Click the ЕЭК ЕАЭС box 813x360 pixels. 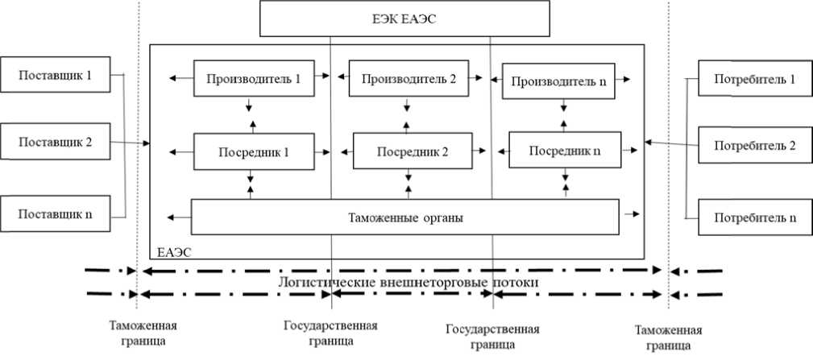pos(404,19)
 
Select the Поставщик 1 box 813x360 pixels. pos(55,75)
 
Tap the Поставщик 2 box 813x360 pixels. pos(55,141)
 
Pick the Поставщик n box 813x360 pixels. pos(55,213)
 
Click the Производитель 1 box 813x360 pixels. pos(254,78)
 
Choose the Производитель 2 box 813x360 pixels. pos(409,78)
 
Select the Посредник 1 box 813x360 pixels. pos(254,151)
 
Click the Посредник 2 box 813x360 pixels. pos(413,151)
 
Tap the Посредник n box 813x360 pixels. pos(565,150)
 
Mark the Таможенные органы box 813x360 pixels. pos(405,217)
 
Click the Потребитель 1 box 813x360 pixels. pos(755,78)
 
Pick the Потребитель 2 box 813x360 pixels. pos(755,145)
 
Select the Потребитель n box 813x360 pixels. pos(755,217)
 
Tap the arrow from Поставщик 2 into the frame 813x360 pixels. pos(131,142)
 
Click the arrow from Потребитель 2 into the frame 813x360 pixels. pos(671,143)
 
